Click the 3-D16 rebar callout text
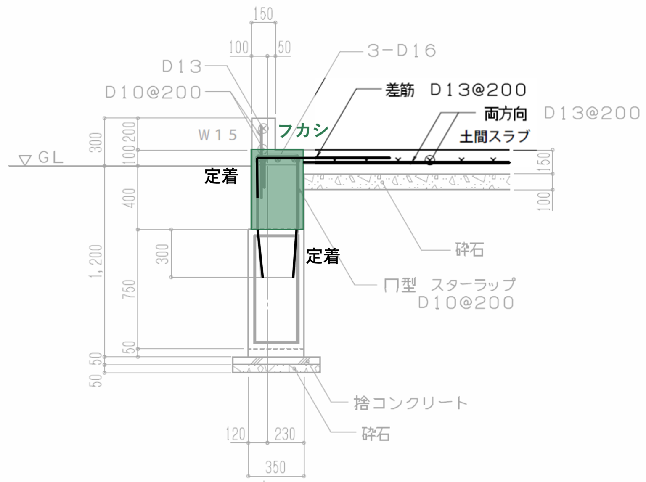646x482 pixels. click(x=401, y=51)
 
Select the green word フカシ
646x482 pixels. click(x=303, y=130)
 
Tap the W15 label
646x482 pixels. click(x=217, y=135)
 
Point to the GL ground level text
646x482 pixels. click(x=50, y=158)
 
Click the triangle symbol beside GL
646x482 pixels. click(x=25, y=160)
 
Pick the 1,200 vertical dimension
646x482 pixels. click(x=96, y=261)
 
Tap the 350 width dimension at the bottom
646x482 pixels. click(x=275, y=467)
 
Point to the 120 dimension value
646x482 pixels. click(x=236, y=434)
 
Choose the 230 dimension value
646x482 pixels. click(x=285, y=434)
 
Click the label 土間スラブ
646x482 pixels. click(x=494, y=137)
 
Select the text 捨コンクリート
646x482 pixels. click(x=410, y=403)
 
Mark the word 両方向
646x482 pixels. click(x=506, y=114)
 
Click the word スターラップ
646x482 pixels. click(x=473, y=285)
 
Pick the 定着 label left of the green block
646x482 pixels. click(x=221, y=176)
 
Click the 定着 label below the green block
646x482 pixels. click(x=323, y=256)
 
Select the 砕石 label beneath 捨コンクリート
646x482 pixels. click(x=376, y=434)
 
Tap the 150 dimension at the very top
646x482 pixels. click(x=263, y=14)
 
